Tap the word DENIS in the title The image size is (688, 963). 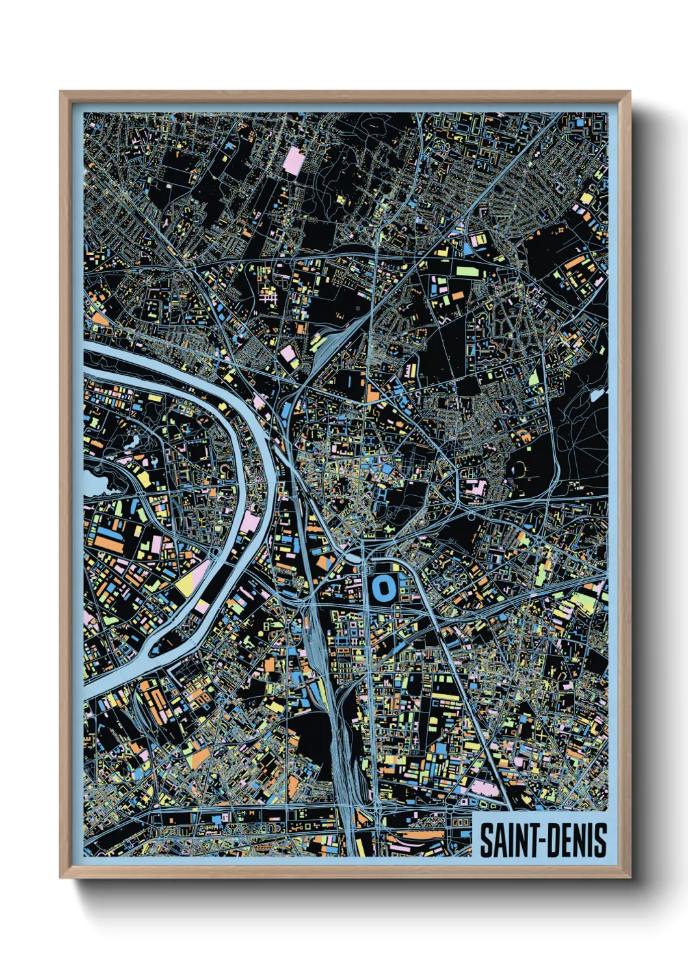coord(577,840)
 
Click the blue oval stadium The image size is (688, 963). coord(382,588)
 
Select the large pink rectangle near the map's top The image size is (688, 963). coord(293,161)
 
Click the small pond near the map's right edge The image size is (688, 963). coord(597,394)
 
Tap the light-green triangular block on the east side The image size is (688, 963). coord(533,377)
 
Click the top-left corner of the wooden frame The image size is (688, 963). coord(61,92)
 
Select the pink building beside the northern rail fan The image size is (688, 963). coord(288,355)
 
